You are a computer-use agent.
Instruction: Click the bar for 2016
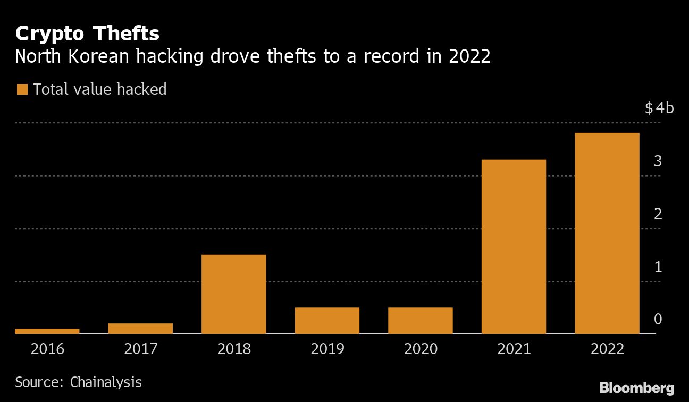click(47, 331)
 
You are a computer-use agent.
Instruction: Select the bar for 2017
click(140, 328)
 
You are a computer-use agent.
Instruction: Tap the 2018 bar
click(234, 294)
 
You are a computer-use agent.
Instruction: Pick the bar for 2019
click(327, 320)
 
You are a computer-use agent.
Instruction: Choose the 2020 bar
click(420, 320)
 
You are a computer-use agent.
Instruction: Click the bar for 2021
click(514, 246)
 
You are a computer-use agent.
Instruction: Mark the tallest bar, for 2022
click(607, 233)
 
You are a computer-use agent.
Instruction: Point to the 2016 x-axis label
click(47, 349)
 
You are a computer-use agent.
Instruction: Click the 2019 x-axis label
click(327, 349)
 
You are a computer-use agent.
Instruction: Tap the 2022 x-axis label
click(607, 349)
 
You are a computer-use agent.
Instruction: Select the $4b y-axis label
click(659, 109)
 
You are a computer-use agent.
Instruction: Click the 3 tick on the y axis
click(658, 161)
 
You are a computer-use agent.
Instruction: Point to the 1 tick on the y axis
click(658, 267)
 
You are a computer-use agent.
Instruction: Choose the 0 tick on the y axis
click(658, 319)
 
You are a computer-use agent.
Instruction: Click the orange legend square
click(22, 89)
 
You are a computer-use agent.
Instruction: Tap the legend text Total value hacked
click(100, 89)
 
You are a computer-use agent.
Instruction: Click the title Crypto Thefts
click(87, 34)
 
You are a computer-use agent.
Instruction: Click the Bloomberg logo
click(636, 388)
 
